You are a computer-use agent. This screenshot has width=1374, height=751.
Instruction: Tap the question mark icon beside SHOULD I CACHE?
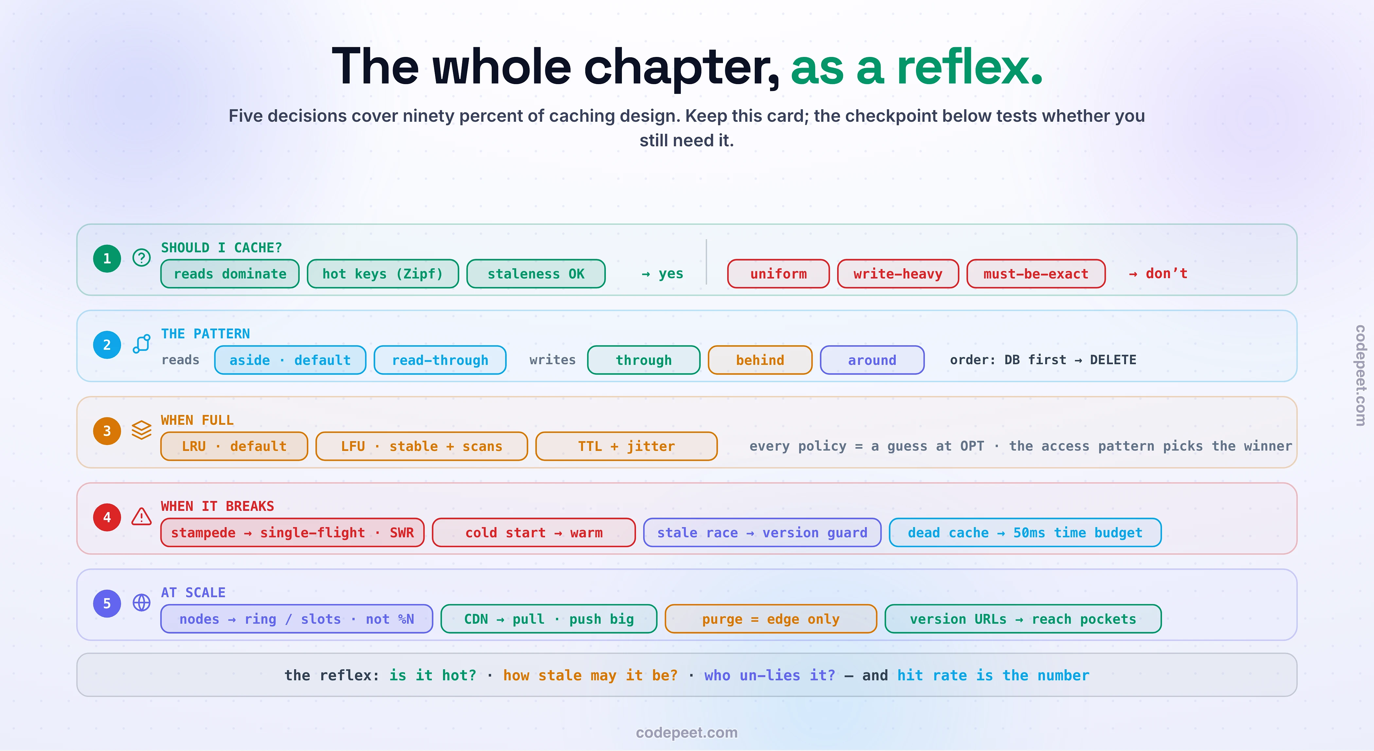(x=141, y=258)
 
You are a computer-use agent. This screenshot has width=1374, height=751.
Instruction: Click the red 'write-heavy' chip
(x=898, y=274)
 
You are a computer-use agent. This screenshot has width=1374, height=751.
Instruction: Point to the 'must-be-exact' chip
(x=1036, y=274)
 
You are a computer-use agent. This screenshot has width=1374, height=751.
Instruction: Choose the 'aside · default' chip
(x=290, y=360)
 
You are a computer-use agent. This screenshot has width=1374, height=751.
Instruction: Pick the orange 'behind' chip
(x=760, y=360)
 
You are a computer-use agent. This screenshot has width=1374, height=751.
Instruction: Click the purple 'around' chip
(x=872, y=360)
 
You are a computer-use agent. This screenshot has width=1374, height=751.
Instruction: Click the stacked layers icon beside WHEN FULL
(x=141, y=430)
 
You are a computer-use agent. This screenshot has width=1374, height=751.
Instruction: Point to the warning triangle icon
(x=141, y=516)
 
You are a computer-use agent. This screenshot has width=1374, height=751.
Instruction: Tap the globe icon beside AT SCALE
(x=141, y=603)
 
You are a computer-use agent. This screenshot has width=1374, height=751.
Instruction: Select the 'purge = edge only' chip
(x=771, y=619)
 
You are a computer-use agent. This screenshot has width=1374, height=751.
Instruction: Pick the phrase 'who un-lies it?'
(x=770, y=675)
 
